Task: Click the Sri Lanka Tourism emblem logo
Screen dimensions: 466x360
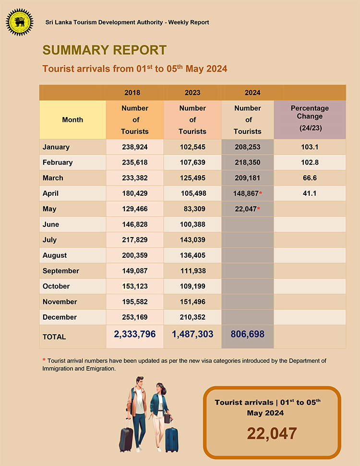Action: (20, 22)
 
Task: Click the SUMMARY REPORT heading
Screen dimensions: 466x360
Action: (104, 50)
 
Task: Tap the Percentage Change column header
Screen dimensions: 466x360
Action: (310, 119)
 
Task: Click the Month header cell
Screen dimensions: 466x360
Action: (72, 120)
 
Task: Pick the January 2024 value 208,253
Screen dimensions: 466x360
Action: (247, 147)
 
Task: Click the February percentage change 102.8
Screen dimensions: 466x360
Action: (310, 162)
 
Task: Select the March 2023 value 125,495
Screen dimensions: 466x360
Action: (192, 178)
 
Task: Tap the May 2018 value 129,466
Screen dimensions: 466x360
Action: (134, 209)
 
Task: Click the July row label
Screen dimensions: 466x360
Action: (49, 239)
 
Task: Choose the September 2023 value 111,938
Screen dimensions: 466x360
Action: (192, 271)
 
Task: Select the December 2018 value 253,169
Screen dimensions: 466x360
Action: (134, 317)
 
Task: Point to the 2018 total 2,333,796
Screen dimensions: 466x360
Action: (134, 334)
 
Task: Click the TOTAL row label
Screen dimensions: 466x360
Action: (54, 337)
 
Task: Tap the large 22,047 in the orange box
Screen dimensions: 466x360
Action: (272, 433)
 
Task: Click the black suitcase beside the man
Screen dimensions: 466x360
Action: (126, 438)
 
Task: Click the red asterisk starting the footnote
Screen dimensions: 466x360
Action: (44, 360)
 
